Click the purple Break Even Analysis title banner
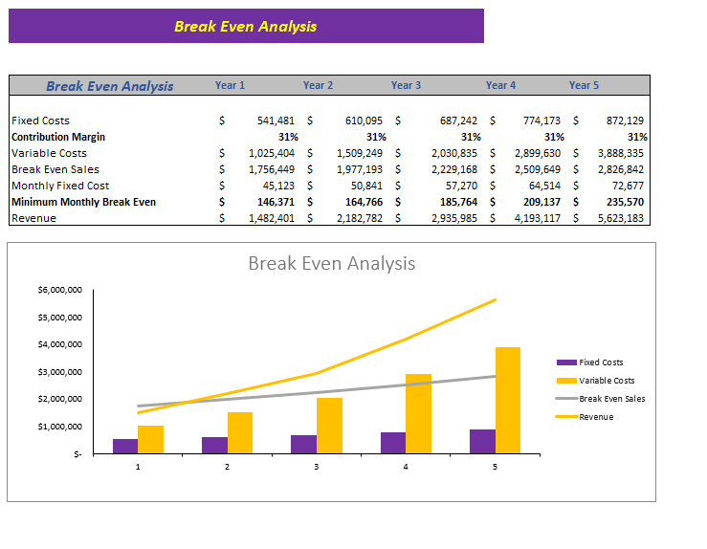click(x=246, y=26)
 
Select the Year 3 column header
click(x=406, y=85)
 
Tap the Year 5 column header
click(x=584, y=85)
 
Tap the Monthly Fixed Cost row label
click(x=60, y=186)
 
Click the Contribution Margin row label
click(x=58, y=137)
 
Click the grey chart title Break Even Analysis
click(x=331, y=263)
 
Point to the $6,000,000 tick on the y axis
click(x=59, y=290)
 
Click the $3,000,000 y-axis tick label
click(x=59, y=372)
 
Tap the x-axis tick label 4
click(x=406, y=467)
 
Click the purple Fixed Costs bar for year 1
click(x=125, y=446)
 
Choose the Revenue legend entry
click(x=595, y=416)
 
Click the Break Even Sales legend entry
click(x=611, y=398)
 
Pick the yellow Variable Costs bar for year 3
click(x=329, y=426)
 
